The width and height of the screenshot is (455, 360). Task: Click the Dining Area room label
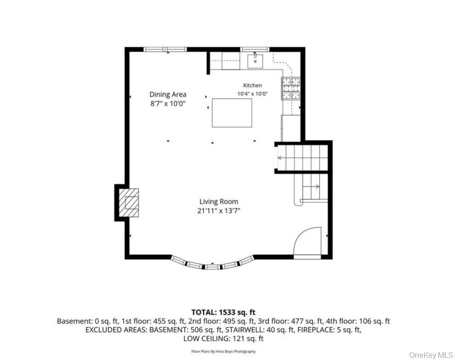click(168, 94)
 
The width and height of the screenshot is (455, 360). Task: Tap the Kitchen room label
click(252, 85)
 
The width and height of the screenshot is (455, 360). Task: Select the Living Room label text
click(219, 202)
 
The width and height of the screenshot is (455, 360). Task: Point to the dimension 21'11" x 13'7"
click(219, 211)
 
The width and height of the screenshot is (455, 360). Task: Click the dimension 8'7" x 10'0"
click(168, 104)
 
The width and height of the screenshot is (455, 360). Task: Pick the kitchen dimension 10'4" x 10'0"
click(252, 94)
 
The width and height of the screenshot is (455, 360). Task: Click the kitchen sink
click(255, 61)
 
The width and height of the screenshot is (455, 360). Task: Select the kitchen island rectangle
click(232, 113)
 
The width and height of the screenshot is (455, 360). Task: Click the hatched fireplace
click(128, 203)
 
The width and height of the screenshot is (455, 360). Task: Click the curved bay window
click(212, 265)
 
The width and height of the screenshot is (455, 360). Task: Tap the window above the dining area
click(166, 50)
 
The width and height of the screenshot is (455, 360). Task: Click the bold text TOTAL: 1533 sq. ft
click(223, 312)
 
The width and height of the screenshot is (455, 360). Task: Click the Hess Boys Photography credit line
click(223, 352)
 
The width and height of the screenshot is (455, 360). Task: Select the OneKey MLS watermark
click(431, 355)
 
